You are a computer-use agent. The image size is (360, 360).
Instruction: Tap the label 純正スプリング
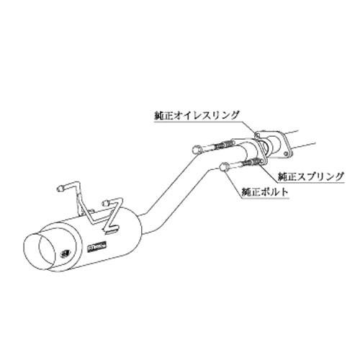click(310, 177)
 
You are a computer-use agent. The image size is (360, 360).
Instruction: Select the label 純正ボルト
click(265, 192)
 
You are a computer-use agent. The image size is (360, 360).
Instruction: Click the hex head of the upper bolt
click(197, 149)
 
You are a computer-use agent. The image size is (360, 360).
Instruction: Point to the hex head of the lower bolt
click(225, 166)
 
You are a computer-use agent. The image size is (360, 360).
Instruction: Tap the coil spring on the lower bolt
click(250, 163)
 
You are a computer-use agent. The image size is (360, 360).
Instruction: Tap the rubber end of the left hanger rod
click(60, 189)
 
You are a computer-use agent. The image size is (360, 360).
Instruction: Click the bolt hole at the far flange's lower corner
click(286, 153)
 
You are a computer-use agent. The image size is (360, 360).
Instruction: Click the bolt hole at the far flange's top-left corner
click(258, 136)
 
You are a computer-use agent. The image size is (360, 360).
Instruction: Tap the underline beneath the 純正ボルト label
click(265, 199)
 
